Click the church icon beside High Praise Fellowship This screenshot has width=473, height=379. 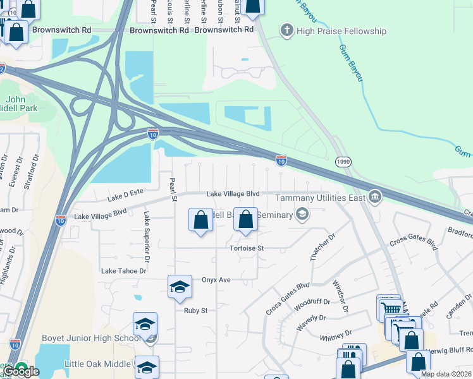point(287,30)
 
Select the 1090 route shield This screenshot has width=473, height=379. point(343,162)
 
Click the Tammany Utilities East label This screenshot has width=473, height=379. point(321,198)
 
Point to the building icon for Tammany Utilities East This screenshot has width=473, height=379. point(375,198)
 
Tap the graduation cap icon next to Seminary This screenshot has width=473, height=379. point(302,215)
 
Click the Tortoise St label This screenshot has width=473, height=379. point(246,248)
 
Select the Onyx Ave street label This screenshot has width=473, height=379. point(216,279)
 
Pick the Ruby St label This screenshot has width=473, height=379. point(195,310)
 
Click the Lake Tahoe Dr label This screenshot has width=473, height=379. point(123,270)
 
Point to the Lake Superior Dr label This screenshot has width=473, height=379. point(146,237)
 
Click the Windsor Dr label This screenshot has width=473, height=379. point(340,296)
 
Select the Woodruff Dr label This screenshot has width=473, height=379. point(310,306)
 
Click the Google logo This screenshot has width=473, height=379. point(21,371)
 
